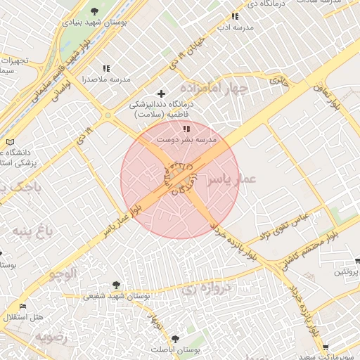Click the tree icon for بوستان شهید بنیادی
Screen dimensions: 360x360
click(x=95, y=11)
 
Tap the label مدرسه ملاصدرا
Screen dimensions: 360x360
click(x=105, y=79)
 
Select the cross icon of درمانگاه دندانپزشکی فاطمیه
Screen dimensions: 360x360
click(x=161, y=93)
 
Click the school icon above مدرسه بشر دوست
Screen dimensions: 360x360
click(x=186, y=129)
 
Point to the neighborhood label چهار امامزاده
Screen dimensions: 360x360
click(x=214, y=89)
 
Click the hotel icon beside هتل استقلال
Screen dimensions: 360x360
click(x=22, y=307)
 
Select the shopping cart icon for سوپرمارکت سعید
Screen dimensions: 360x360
click(x=325, y=347)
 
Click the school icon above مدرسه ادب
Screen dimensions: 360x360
click(x=235, y=15)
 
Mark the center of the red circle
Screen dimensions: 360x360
click(x=180, y=179)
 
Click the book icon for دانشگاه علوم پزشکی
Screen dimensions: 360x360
click(x=9, y=142)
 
